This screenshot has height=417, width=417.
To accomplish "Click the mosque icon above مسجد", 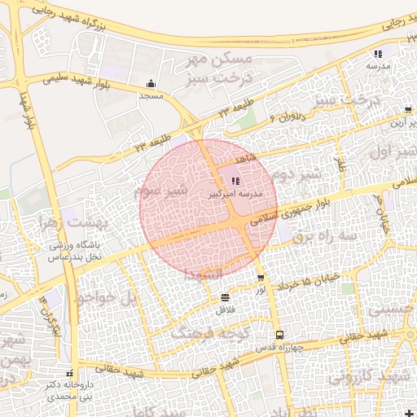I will click(151, 84).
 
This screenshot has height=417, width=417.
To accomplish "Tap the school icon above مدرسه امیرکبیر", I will click(235, 182).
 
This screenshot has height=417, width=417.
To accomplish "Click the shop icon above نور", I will click(260, 279).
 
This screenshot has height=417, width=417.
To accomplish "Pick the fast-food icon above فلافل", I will click(225, 298).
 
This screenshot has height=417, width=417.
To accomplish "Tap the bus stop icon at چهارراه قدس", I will click(279, 335).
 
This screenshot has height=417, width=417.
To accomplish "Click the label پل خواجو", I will click(104, 298).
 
